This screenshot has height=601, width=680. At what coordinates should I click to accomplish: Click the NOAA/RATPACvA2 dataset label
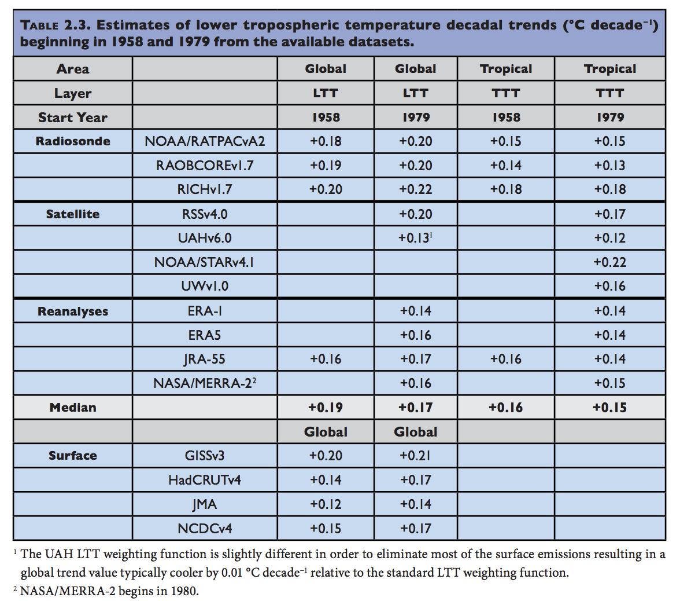[x=205, y=141]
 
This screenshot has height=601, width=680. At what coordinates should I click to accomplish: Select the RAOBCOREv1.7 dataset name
[x=205, y=166]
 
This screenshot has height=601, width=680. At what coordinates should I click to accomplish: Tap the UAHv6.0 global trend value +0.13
[x=414, y=238]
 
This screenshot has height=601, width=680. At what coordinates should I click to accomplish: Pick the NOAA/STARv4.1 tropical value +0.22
[x=609, y=262]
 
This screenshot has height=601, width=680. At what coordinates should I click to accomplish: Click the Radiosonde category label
[x=72, y=141]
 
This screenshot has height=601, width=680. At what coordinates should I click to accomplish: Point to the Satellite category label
[x=72, y=214]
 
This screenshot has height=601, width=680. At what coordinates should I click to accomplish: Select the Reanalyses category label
[x=72, y=312]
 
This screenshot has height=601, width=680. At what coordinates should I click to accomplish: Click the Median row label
[x=72, y=408]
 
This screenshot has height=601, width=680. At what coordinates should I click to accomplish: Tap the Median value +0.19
[x=326, y=408]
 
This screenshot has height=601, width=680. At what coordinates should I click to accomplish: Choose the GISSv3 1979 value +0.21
[x=415, y=456]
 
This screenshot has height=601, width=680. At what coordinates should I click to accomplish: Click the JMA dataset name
[x=205, y=504]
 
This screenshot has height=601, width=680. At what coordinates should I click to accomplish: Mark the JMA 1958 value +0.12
[x=326, y=504]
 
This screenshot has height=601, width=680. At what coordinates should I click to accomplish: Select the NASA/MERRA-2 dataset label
[x=205, y=383]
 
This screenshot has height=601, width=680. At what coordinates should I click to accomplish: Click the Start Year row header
[x=72, y=118]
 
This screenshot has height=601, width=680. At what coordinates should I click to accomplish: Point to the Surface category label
[x=72, y=456]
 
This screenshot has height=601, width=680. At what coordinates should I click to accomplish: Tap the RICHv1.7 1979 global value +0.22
[x=415, y=189]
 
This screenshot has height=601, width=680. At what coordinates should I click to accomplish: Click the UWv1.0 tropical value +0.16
[x=609, y=286]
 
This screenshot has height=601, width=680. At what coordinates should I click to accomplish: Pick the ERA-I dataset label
[x=205, y=311]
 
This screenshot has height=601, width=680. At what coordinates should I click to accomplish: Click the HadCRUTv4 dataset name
[x=205, y=480]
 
